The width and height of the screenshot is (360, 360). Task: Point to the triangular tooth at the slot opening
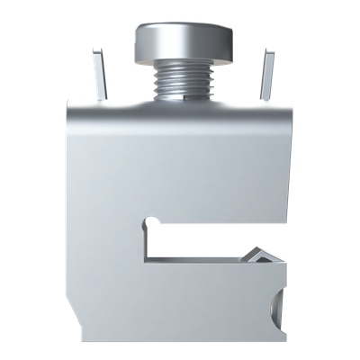pos(261,256)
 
